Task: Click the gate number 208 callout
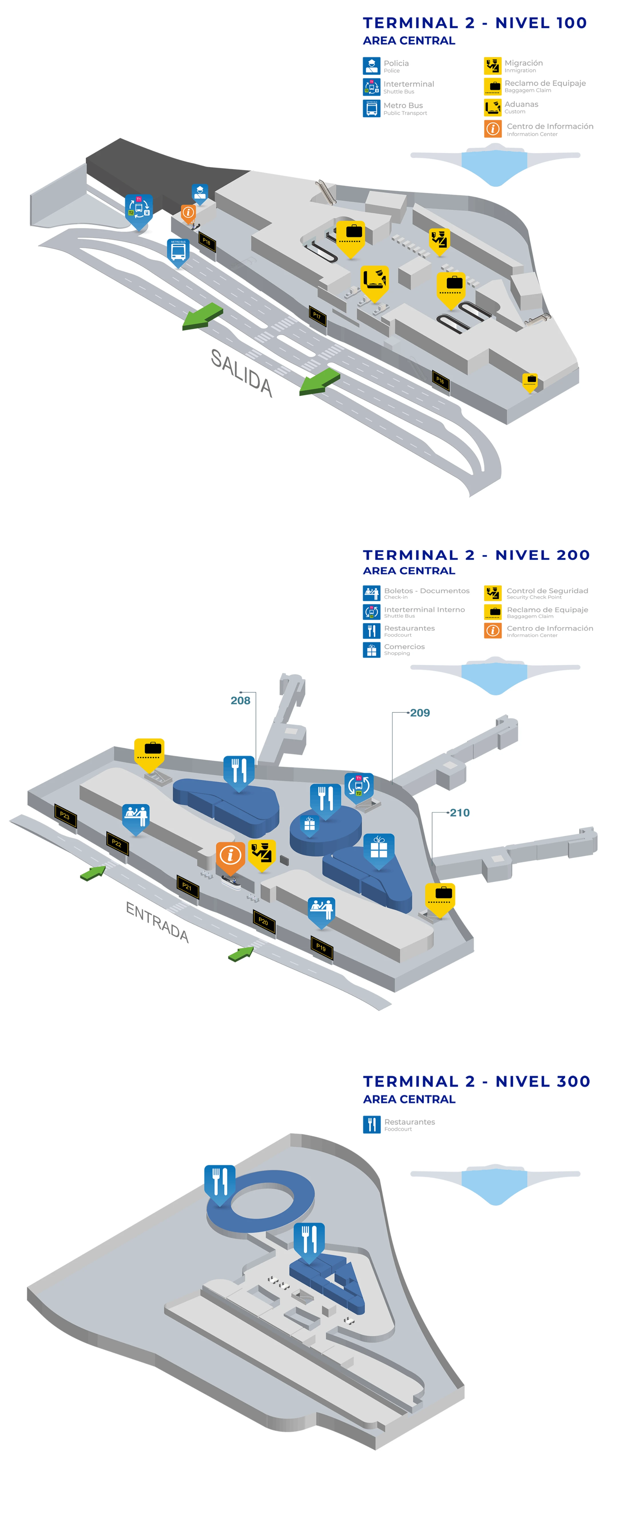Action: tap(240, 700)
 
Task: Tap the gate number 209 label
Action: tap(420, 712)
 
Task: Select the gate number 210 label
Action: tap(459, 813)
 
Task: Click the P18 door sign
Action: tap(207, 241)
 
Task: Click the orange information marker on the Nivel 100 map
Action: tap(188, 213)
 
